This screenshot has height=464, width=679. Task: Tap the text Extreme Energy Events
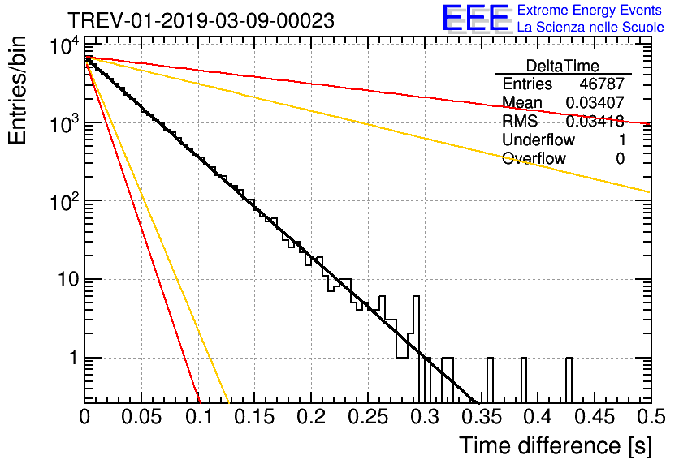pos(590,11)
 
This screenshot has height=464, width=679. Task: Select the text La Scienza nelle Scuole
pos(590,28)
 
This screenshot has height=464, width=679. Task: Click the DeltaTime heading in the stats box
pos(563,66)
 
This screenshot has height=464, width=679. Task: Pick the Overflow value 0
pos(620,159)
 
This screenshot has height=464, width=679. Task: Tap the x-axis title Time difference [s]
pos(555,445)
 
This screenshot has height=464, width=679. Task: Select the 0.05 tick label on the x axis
pos(142,417)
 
